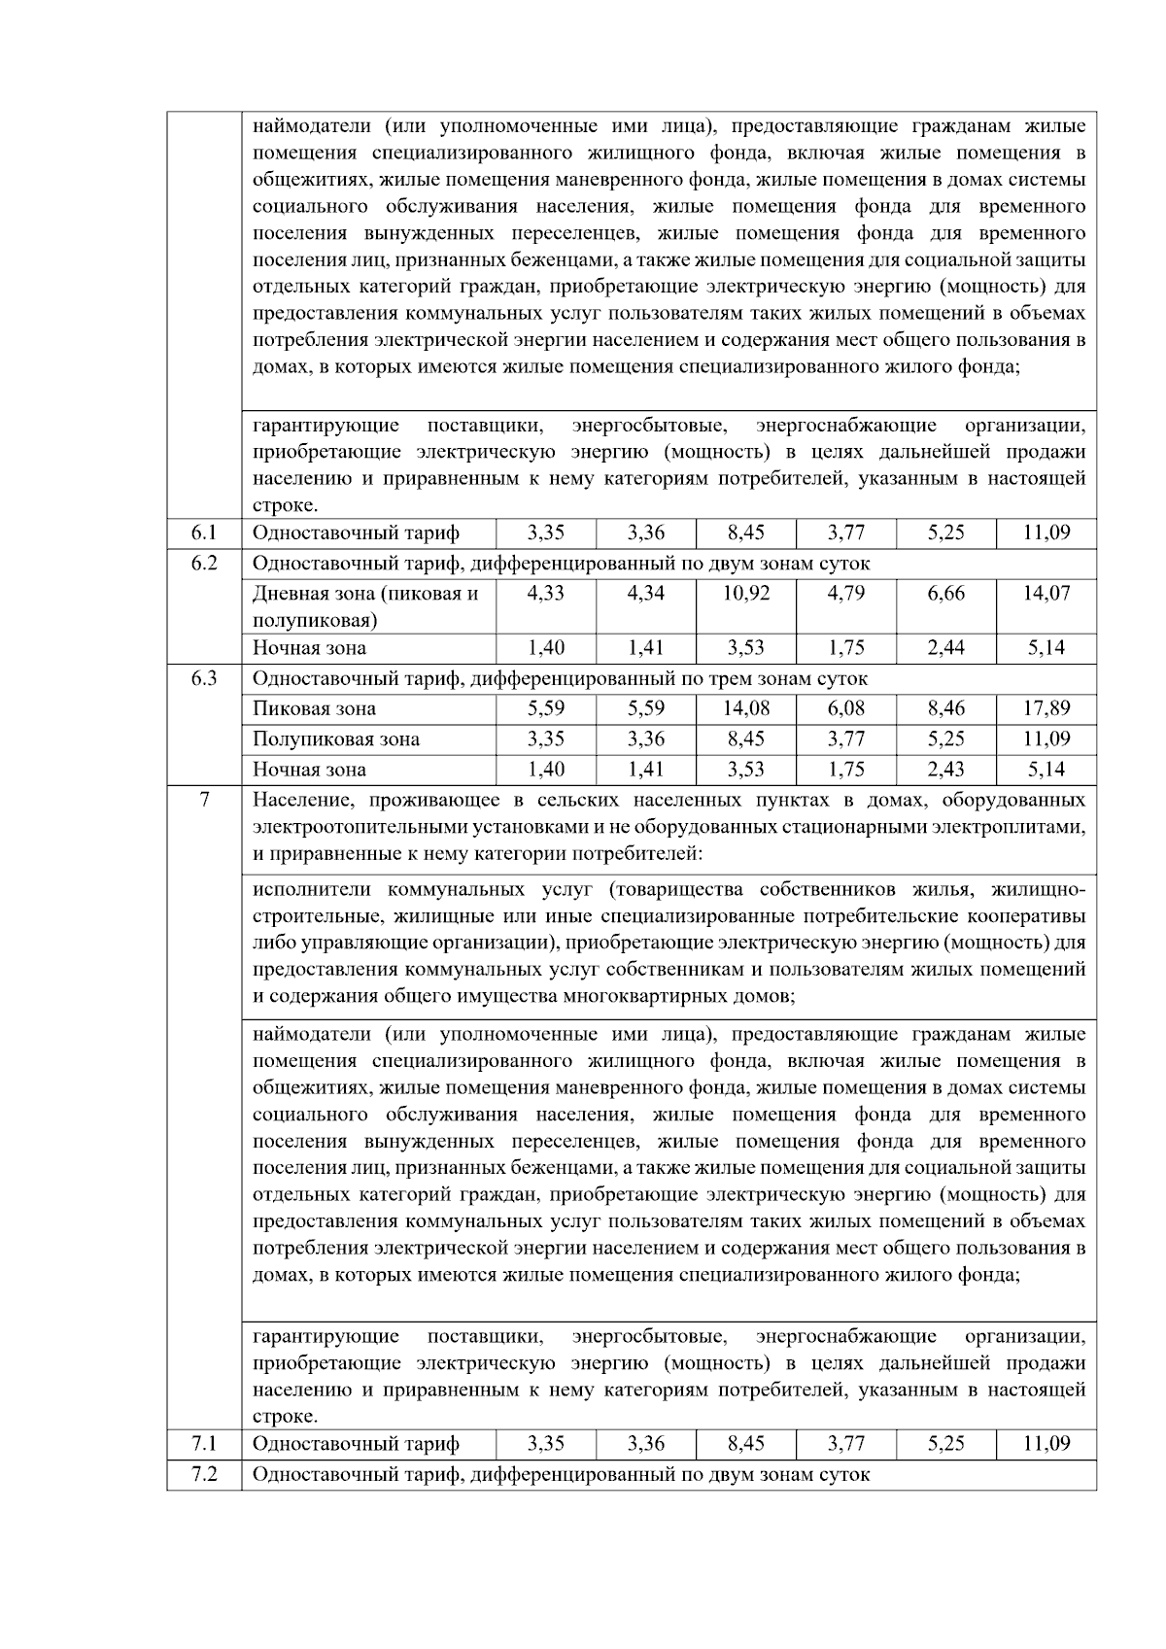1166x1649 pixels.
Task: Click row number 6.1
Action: point(204,532)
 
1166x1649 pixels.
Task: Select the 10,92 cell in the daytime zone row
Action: point(745,593)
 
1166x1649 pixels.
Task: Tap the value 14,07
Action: point(1046,593)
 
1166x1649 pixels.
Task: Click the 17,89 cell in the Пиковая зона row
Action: point(1046,708)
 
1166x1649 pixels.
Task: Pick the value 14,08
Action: point(745,708)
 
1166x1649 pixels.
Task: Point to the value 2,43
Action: point(945,770)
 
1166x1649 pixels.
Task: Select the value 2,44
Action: point(945,648)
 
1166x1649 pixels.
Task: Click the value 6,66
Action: point(945,593)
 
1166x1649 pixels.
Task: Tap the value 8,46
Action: point(945,708)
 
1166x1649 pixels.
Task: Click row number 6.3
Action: point(204,678)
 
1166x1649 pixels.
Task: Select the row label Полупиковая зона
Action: point(336,739)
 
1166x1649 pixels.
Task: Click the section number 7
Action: point(204,801)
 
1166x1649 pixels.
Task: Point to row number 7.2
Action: point(204,1474)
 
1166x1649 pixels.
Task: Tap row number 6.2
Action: point(204,563)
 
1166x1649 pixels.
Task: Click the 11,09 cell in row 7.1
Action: point(1046,1444)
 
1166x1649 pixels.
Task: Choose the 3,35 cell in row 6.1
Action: point(546,532)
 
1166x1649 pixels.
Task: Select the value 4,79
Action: point(845,593)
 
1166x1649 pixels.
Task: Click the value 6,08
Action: point(845,708)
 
